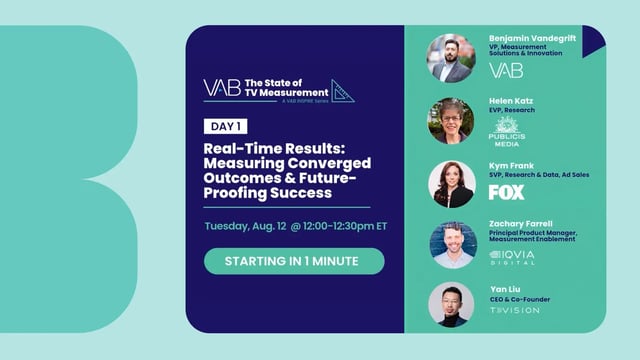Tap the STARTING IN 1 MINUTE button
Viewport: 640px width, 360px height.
(x=280, y=261)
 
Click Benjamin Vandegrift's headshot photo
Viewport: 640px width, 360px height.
(x=451, y=58)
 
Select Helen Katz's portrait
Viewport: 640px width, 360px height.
(x=451, y=121)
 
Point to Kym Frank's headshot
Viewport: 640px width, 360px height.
(x=451, y=183)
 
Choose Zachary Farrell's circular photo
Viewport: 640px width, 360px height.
(x=452, y=245)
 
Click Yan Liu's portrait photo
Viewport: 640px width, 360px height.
(x=451, y=305)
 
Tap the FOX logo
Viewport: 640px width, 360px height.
(x=506, y=192)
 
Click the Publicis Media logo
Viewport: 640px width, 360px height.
(x=508, y=132)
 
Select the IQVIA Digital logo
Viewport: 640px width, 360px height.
(x=513, y=257)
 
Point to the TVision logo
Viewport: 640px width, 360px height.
(x=514, y=310)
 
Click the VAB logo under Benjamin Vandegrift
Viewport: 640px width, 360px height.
(x=506, y=70)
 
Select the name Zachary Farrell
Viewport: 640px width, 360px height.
(x=520, y=223)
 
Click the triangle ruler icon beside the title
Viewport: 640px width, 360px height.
(x=342, y=91)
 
